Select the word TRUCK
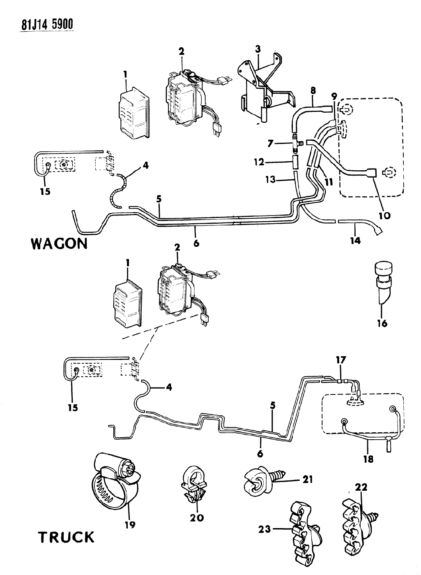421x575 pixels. [66, 537]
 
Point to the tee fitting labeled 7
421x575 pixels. [295, 144]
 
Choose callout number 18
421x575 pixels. [368, 459]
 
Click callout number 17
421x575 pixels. [340, 360]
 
